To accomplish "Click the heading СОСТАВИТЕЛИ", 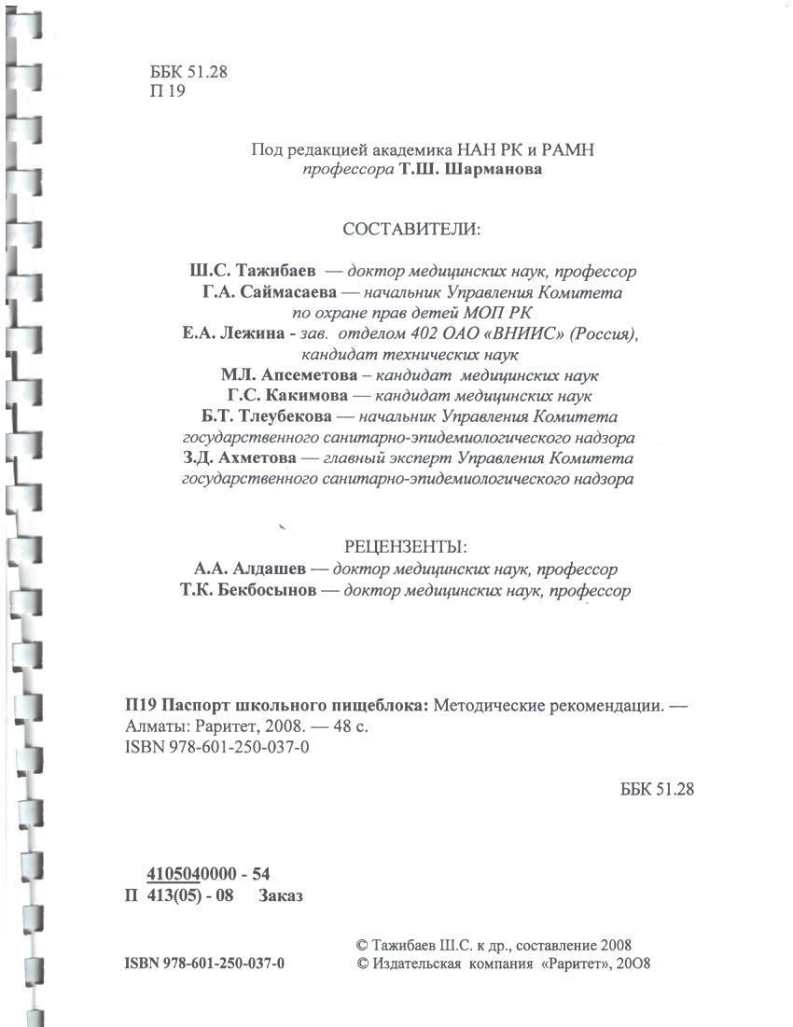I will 411,230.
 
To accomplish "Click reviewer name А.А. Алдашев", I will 247,569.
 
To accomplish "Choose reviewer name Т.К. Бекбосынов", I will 246,591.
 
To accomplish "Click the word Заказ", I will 281,896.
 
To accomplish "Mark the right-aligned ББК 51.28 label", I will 657,789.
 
